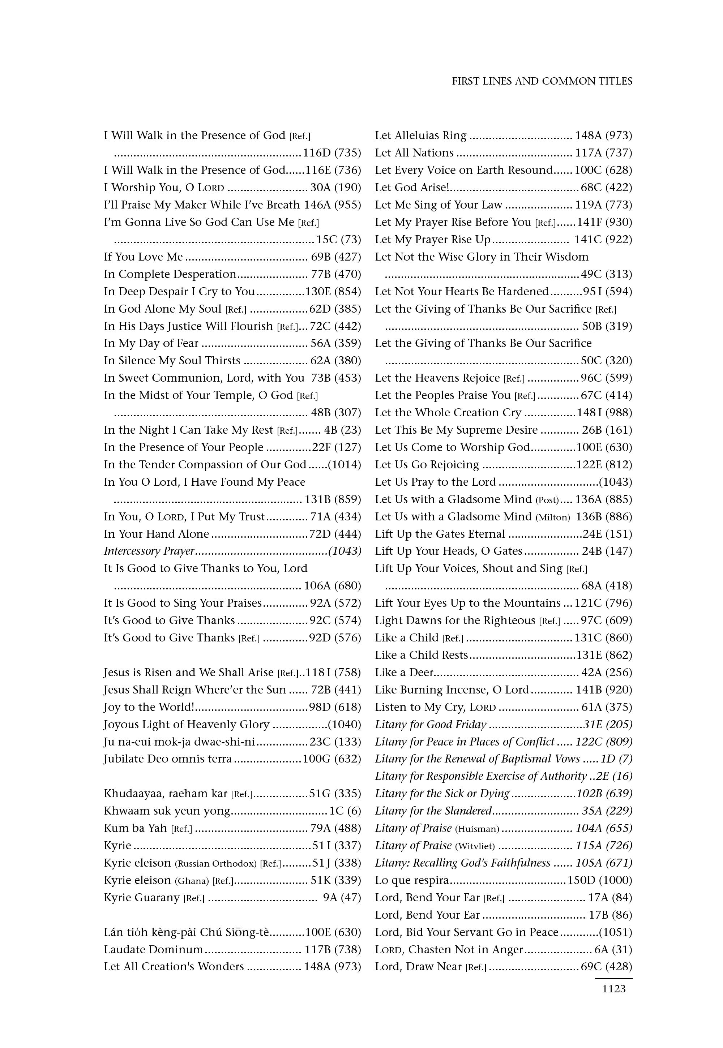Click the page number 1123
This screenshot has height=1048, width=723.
tap(614, 989)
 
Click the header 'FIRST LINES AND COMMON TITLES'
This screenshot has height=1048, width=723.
tap(542, 81)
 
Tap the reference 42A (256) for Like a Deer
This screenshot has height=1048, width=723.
tap(607, 673)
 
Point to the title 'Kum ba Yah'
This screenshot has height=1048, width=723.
tap(136, 828)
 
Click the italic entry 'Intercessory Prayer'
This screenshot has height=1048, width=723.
tap(149, 551)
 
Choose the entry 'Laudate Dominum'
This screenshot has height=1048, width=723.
tap(153, 950)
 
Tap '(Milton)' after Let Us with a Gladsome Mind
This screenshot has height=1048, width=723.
tap(553, 517)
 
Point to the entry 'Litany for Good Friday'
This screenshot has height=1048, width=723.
tap(430, 725)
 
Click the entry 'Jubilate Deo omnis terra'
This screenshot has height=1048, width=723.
tap(168, 759)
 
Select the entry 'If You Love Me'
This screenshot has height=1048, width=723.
tap(143, 257)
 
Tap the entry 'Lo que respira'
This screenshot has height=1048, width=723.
tap(411, 880)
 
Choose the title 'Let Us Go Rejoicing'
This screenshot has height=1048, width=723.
tap(427, 465)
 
